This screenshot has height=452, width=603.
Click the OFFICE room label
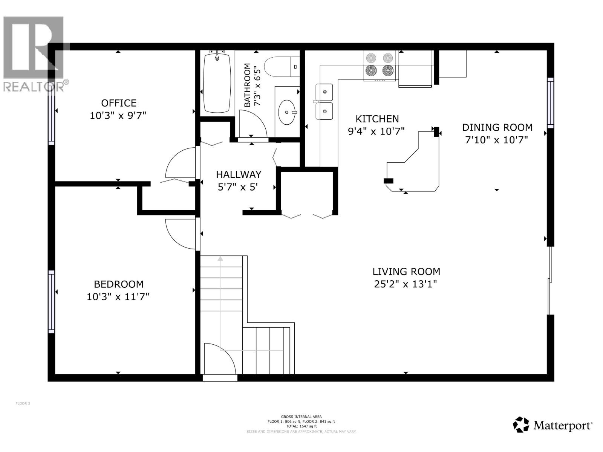pos(119,103)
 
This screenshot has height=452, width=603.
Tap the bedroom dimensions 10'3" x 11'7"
pos(118,297)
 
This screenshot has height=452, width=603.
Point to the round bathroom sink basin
pos(287,112)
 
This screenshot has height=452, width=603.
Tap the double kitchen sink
pos(324,102)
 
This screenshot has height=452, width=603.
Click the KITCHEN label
pos(377,119)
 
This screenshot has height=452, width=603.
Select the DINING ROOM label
pos(497,127)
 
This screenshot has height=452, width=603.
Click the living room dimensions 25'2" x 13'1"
pos(406,284)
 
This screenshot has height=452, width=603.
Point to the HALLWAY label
pos(238,174)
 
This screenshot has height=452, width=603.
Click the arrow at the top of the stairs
pos(220,259)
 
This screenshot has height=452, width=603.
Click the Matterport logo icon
pos(521,425)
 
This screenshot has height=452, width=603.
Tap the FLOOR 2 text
pos(23,403)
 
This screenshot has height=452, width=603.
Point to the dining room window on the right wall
pos(550,102)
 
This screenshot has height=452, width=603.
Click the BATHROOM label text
pos(247,85)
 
